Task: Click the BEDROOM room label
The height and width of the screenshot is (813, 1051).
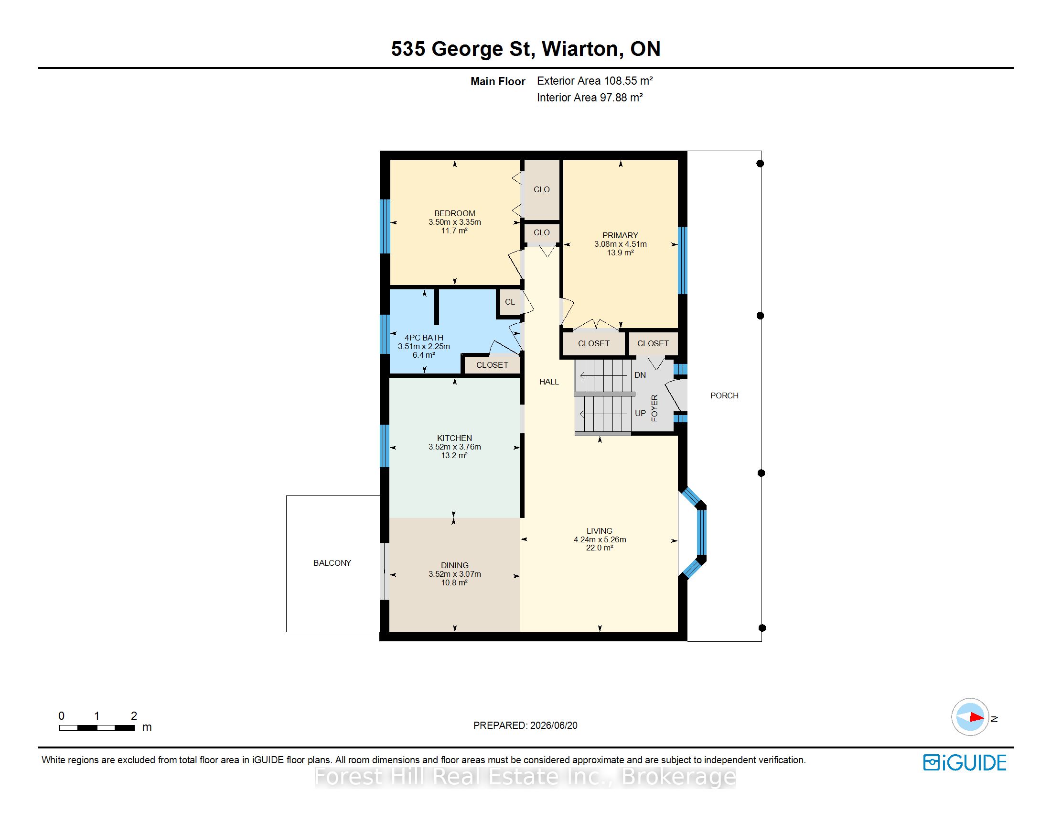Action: coord(454,213)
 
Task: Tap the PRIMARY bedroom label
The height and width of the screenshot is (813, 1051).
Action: coord(620,235)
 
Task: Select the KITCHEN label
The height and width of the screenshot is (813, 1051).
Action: coord(454,438)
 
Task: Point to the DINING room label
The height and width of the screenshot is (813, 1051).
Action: coord(454,565)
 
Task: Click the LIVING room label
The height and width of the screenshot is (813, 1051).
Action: coord(599,531)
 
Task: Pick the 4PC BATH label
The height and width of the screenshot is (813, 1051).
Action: coord(423,338)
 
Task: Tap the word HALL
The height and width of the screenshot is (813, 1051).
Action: coord(548,382)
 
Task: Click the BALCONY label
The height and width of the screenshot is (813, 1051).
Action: coord(332,563)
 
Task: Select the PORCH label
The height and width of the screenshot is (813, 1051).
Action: coord(724,396)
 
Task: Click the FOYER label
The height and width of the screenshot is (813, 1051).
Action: coord(654,408)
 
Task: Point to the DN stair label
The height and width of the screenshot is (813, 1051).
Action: coord(640,375)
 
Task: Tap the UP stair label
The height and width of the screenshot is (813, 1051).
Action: coord(640,413)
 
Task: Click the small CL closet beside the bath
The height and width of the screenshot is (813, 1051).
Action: coord(510,302)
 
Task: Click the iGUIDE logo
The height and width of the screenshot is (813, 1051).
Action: coord(965,762)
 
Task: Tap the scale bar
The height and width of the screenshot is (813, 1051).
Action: coord(97,728)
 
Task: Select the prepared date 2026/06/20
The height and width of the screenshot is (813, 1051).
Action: coord(553,725)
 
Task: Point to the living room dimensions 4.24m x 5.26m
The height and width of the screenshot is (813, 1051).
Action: coord(600,539)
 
